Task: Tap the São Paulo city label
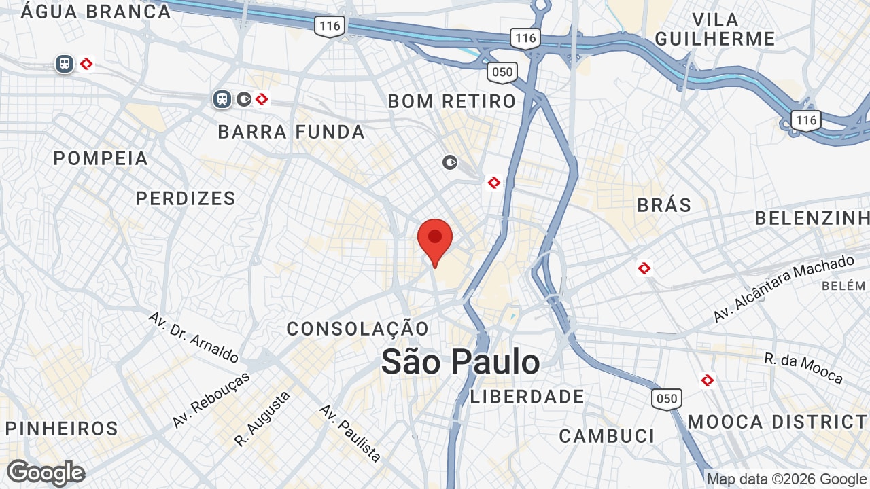coord(460,362)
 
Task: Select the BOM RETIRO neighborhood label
coord(452,101)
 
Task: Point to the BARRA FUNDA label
coord(292,132)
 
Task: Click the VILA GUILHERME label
coord(715,29)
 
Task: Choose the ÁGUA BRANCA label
coord(96,12)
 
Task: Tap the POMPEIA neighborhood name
coord(101,158)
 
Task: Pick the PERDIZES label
coord(186,198)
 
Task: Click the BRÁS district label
coord(664,204)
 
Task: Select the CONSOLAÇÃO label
coord(358,329)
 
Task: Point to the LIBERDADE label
coord(527,397)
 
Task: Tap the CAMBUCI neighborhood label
coord(606,435)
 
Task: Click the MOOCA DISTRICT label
coord(778,422)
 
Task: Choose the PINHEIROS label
coord(62,429)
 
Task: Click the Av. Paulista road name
coord(350,433)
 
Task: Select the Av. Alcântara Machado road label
coord(783,289)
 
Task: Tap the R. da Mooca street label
coord(803,368)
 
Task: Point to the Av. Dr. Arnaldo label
coord(194,338)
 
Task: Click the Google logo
coord(46,473)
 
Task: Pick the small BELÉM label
coord(843,286)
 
